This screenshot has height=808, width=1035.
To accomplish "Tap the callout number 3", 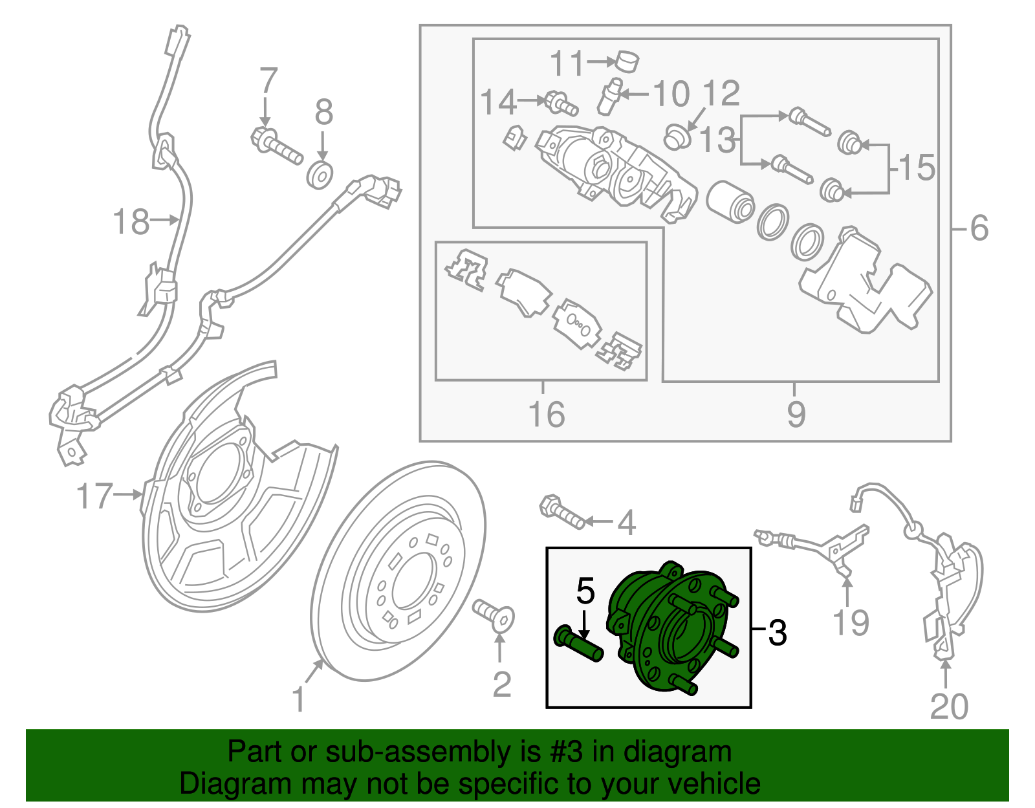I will [777, 632].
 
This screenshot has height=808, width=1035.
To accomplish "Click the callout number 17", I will [94, 496].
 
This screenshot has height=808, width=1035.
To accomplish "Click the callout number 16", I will [546, 415].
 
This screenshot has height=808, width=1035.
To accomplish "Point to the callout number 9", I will [796, 415].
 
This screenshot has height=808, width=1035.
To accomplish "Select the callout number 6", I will [979, 228].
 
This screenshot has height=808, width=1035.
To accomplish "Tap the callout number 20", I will [948, 706].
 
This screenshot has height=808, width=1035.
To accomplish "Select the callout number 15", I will [917, 168].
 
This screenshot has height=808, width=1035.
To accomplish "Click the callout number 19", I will [850, 622].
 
